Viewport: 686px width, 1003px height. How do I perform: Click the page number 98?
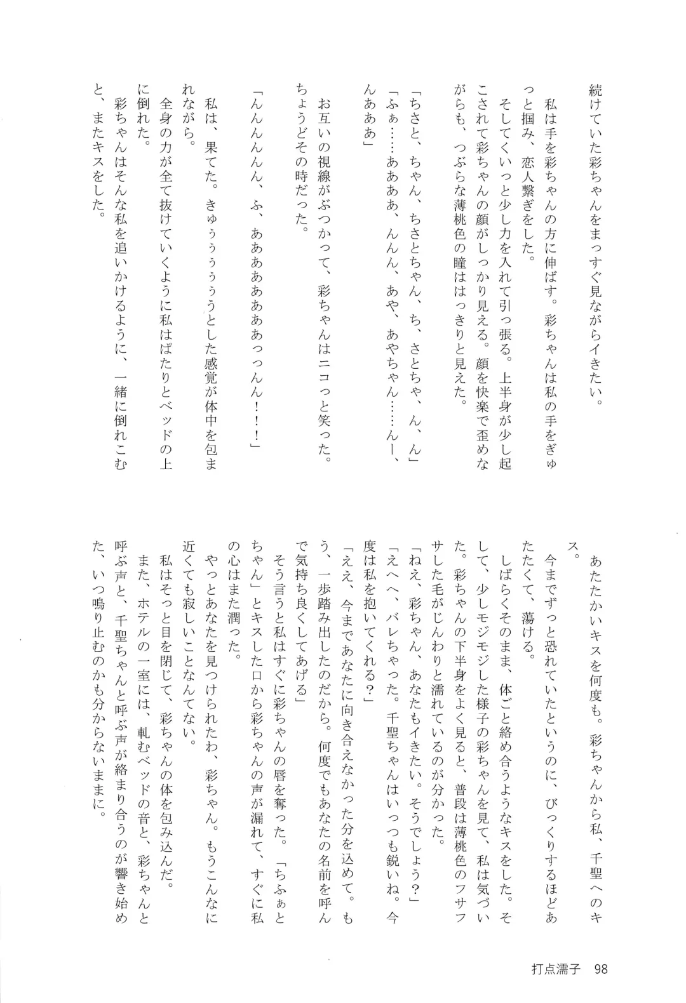pyautogui.click(x=600, y=969)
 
